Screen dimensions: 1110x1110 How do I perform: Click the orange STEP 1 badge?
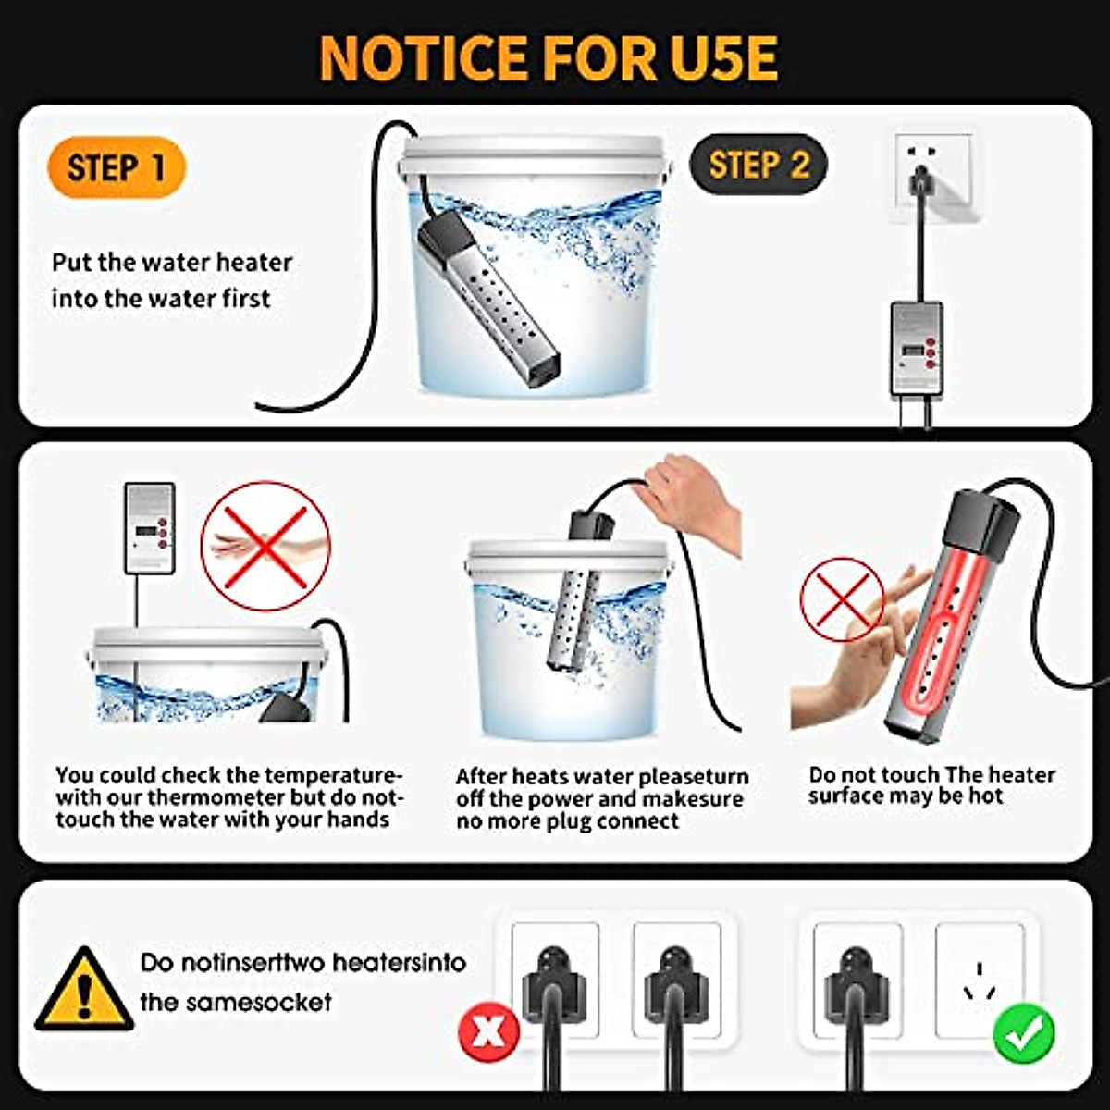pos(117,168)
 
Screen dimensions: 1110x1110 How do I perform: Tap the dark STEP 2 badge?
pos(758,166)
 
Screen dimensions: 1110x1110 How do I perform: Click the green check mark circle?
pos(1023,1032)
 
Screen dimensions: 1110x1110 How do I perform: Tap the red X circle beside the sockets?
pos(489,1031)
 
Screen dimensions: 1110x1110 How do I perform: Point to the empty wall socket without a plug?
pos(979,980)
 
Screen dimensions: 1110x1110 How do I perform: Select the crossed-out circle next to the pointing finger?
pos(842,598)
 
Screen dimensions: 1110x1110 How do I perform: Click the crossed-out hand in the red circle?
pos(265,547)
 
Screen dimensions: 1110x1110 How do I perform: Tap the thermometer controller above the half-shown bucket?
pos(150,528)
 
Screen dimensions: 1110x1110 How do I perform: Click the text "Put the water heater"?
pos(172,263)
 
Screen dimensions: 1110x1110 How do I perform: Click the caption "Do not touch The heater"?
pos(931,775)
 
